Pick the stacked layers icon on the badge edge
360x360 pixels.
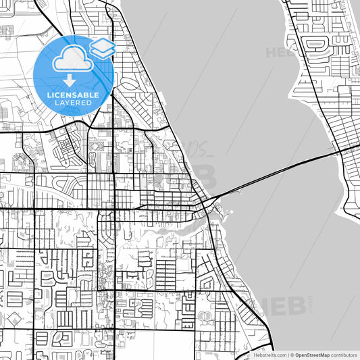(x=102, y=48)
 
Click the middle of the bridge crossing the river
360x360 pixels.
(x=277, y=174)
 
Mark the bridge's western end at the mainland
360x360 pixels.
(x=215, y=199)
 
